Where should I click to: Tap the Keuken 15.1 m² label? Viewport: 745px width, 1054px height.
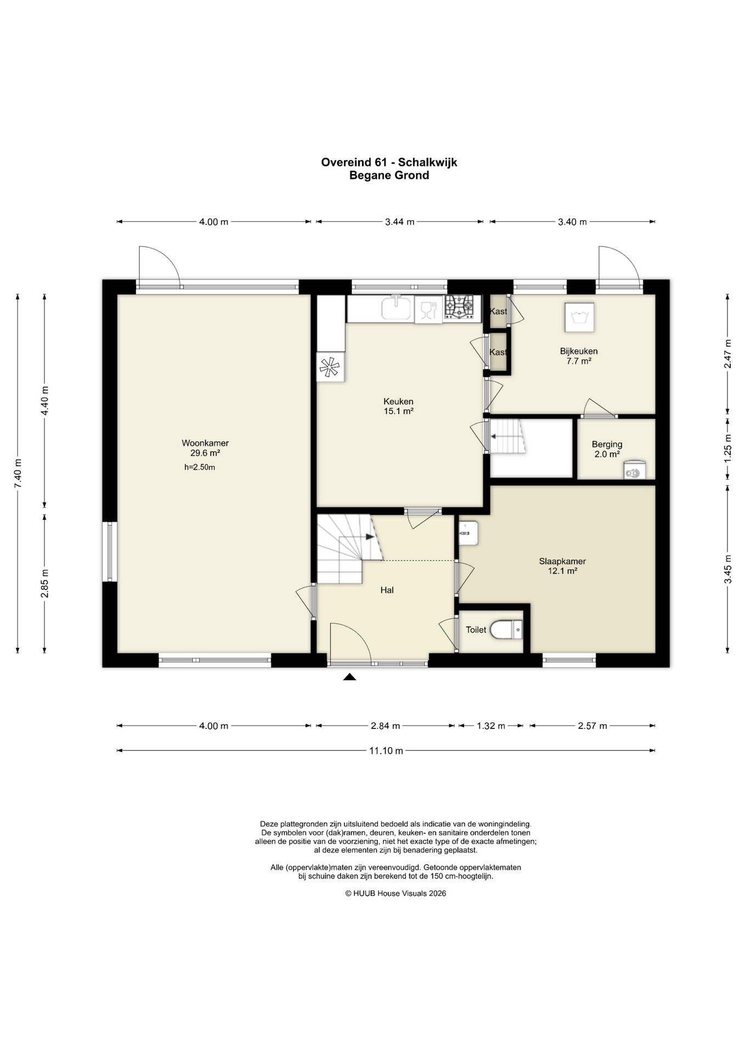click(x=398, y=406)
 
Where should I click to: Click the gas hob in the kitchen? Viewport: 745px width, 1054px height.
click(x=459, y=307)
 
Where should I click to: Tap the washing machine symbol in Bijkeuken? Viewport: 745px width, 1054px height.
click(x=579, y=317)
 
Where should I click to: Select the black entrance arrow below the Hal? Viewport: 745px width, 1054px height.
click(x=349, y=677)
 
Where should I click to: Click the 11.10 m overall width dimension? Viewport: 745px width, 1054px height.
click(x=386, y=750)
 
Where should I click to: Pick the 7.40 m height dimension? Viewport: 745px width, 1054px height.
click(x=18, y=473)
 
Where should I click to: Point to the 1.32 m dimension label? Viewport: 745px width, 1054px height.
click(x=490, y=726)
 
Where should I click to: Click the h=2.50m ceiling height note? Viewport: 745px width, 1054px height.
click(x=200, y=468)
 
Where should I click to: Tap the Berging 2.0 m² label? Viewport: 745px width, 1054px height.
click(x=607, y=449)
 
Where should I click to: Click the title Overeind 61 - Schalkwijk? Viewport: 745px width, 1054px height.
click(x=389, y=162)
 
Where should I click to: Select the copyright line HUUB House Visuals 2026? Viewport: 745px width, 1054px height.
click(x=396, y=893)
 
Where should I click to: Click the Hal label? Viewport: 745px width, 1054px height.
click(x=387, y=590)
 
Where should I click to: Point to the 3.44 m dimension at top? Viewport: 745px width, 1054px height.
click(x=399, y=222)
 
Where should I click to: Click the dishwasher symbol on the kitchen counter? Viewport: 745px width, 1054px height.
click(x=428, y=310)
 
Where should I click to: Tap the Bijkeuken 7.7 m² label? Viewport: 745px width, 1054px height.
click(x=579, y=356)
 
